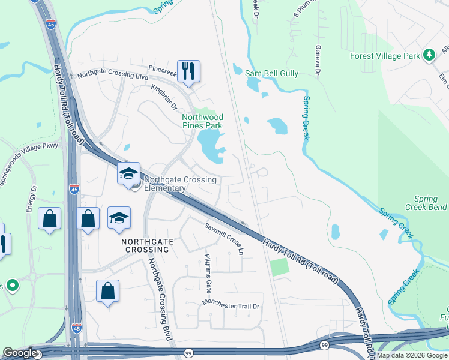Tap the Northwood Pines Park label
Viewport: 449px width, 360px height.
coord(203,121)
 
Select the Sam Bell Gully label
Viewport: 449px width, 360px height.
coord(271,73)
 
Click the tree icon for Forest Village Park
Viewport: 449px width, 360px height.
coord(429,56)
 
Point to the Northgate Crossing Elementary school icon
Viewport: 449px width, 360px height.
coord(128,174)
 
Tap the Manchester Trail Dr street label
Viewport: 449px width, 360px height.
coord(231,305)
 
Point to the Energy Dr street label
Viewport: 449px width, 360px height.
coord(31,198)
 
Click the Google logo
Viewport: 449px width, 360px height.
coord(20,353)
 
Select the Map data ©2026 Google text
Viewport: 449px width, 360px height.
coord(412,355)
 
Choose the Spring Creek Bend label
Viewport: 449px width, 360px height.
coord(430,203)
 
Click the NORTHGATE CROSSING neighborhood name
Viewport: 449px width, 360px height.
coord(146,245)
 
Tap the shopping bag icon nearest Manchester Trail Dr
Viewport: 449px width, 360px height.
coord(107,292)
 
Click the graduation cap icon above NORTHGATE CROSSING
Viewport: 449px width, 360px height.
coord(119,218)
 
